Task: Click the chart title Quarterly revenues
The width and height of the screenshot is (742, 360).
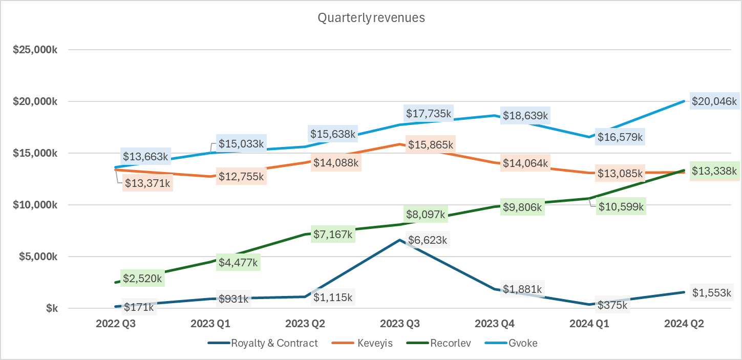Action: [371, 18]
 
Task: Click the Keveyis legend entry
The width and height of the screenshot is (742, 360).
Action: [375, 343]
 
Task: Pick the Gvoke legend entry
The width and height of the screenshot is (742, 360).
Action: [522, 343]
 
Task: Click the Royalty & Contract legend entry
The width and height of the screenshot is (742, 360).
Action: [274, 343]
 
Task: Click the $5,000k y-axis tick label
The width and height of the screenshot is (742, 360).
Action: [37, 257]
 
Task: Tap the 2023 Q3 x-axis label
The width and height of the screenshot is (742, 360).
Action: [399, 324]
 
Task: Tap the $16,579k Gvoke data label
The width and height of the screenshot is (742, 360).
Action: [620, 137]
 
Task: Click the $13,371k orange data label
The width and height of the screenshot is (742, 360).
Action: [147, 183]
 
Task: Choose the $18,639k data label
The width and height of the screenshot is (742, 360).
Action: [525, 116]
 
